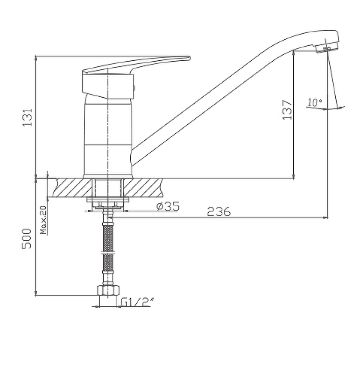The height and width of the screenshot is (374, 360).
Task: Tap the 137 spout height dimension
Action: coord(287,110)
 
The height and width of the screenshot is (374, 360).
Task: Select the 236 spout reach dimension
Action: coord(219,211)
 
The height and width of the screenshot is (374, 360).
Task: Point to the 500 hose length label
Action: coord(27,239)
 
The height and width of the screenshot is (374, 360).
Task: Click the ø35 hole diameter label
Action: coord(168,206)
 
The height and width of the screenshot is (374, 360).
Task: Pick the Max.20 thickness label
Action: coord(43,220)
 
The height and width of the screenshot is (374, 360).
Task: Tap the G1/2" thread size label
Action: coord(137,302)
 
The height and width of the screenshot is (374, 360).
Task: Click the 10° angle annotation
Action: coord(315,102)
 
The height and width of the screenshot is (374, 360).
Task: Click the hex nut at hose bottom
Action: coord(108,290)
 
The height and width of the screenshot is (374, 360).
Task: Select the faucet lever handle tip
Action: coord(188,58)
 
